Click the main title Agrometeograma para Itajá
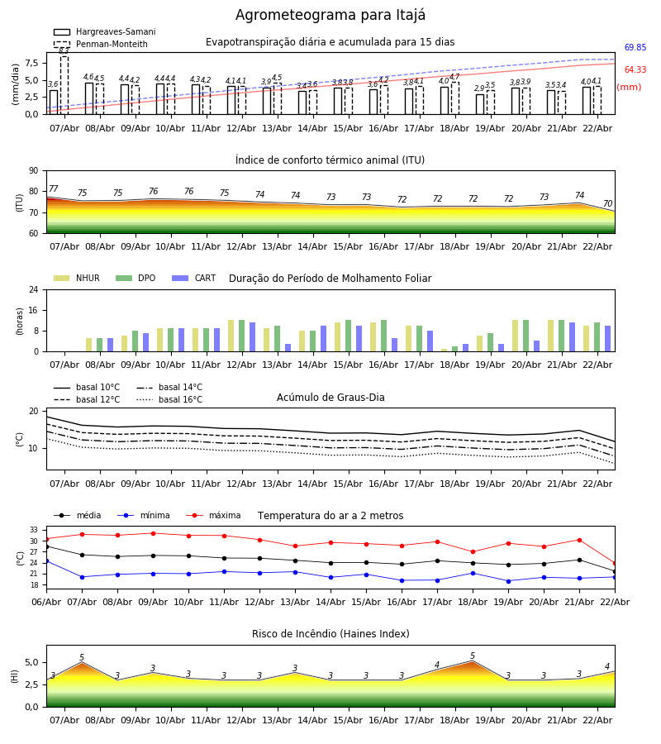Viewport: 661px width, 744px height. (x=330, y=16)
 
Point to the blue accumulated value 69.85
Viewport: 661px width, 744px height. (x=635, y=48)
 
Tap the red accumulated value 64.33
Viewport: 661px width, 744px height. (x=635, y=70)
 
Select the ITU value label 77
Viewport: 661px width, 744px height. (x=54, y=189)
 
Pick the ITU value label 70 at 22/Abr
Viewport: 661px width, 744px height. (x=607, y=204)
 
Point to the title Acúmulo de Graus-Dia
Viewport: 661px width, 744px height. (x=330, y=398)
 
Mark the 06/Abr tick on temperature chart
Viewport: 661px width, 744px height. (x=46, y=601)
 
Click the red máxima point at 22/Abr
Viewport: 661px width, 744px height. (x=614, y=563)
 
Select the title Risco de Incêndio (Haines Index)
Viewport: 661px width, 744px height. (x=330, y=634)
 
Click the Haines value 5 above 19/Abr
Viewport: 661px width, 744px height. (x=473, y=656)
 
